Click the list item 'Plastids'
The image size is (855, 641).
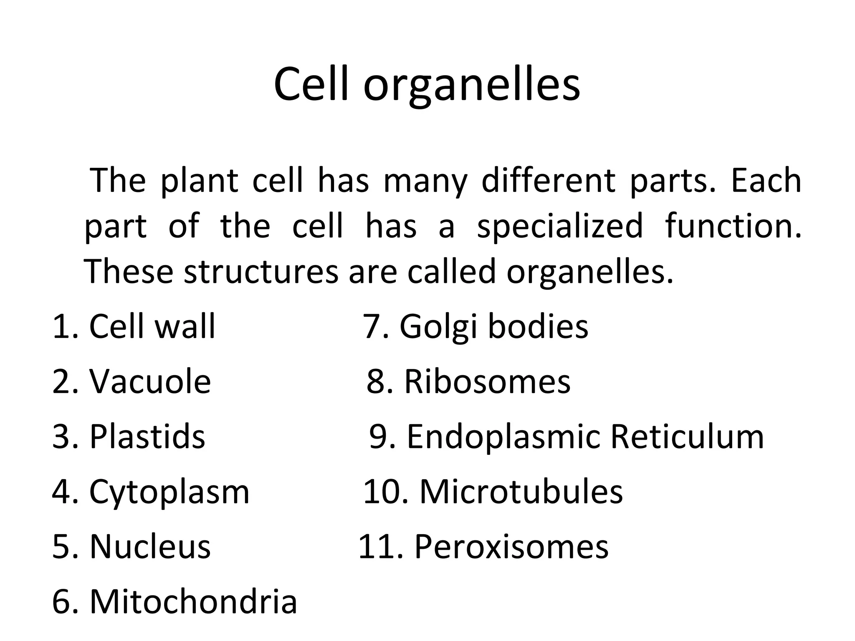[x=147, y=437]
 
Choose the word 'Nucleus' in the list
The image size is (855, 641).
[x=150, y=546]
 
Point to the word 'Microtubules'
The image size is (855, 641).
[x=521, y=492]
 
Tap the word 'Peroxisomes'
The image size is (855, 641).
[x=511, y=546]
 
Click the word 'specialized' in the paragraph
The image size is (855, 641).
[x=560, y=226]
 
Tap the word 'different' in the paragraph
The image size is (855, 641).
[x=548, y=181]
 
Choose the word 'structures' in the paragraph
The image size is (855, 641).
[x=261, y=271]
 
